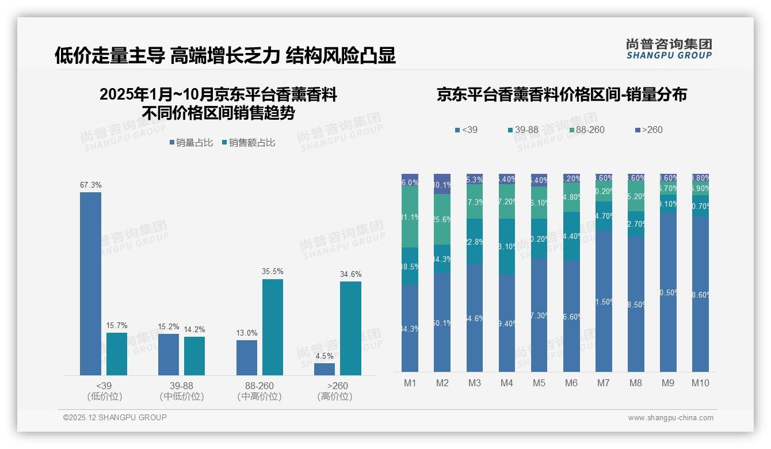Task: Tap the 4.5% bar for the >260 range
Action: point(325,369)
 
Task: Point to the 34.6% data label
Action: point(351,274)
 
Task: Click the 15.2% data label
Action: point(169,326)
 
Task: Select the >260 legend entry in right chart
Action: point(648,130)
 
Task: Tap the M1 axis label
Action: point(410,383)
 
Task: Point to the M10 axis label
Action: point(700,383)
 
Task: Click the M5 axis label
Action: point(539,383)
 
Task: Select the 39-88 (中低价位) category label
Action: point(182,391)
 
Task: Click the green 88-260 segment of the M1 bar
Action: point(410,217)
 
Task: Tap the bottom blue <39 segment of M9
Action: point(668,292)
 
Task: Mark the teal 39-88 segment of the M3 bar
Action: point(474,242)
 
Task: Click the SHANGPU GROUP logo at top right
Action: point(669,49)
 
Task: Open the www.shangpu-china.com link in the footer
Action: point(670,418)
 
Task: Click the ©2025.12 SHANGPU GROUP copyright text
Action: point(114,417)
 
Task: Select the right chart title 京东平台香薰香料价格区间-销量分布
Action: point(562,95)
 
